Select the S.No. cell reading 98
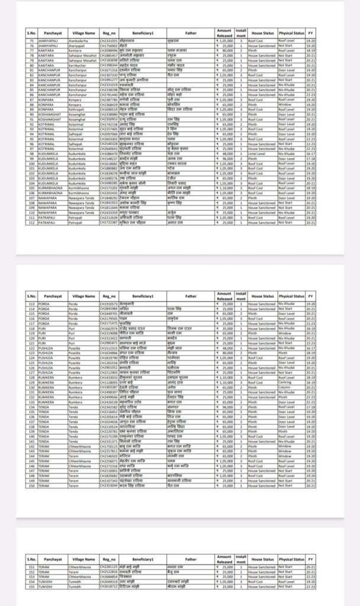[32, 153]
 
